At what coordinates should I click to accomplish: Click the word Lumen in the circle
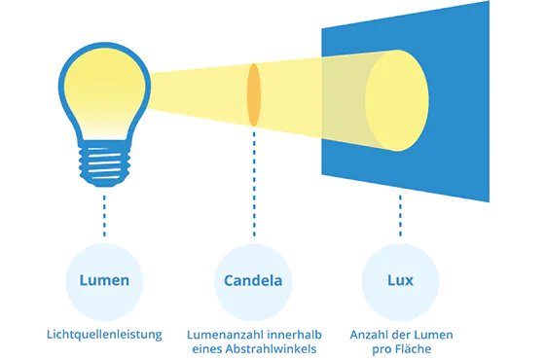click(x=104, y=281)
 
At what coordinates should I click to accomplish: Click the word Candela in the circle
click(x=252, y=281)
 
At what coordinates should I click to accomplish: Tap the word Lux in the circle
click(x=400, y=280)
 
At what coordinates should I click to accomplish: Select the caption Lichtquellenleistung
click(x=104, y=334)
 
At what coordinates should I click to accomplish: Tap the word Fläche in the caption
click(x=412, y=348)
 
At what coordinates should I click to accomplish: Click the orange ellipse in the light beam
click(x=254, y=95)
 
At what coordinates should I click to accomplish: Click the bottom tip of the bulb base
click(x=104, y=182)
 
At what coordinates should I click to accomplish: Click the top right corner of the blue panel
click(x=488, y=2)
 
